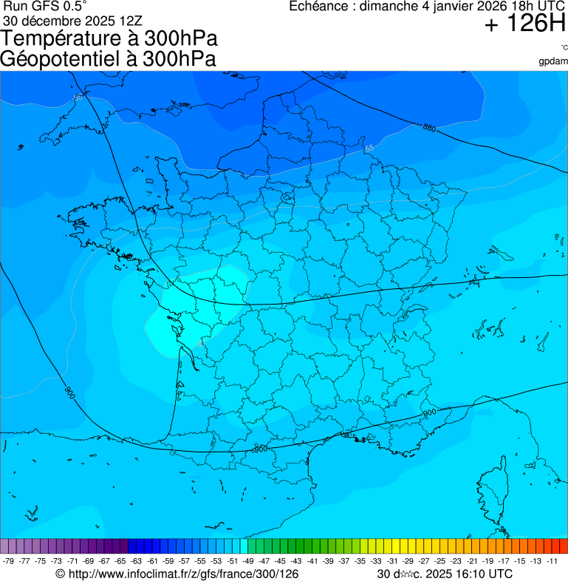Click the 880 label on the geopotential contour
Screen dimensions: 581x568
point(429,128)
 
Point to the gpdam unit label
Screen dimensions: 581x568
point(553,61)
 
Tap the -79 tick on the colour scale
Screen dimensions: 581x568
point(9,561)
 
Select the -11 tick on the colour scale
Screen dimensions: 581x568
point(552,561)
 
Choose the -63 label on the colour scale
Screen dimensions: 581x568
point(137,561)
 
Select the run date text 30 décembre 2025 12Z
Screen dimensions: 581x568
point(78,21)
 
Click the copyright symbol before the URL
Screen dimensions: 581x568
point(61,574)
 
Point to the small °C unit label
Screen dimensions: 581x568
point(564,48)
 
